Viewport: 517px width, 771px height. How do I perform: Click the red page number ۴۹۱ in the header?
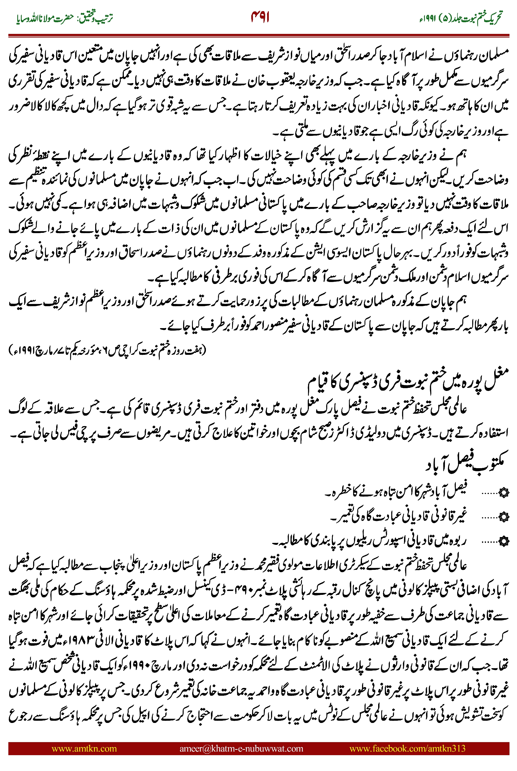[260, 17]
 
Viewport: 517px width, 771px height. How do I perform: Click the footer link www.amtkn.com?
[84, 748]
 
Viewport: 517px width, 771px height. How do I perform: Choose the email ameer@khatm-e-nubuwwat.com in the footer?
[241, 748]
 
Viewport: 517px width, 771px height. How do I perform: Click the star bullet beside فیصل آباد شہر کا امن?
[504, 493]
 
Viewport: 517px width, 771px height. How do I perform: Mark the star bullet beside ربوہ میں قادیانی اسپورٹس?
[504, 541]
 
